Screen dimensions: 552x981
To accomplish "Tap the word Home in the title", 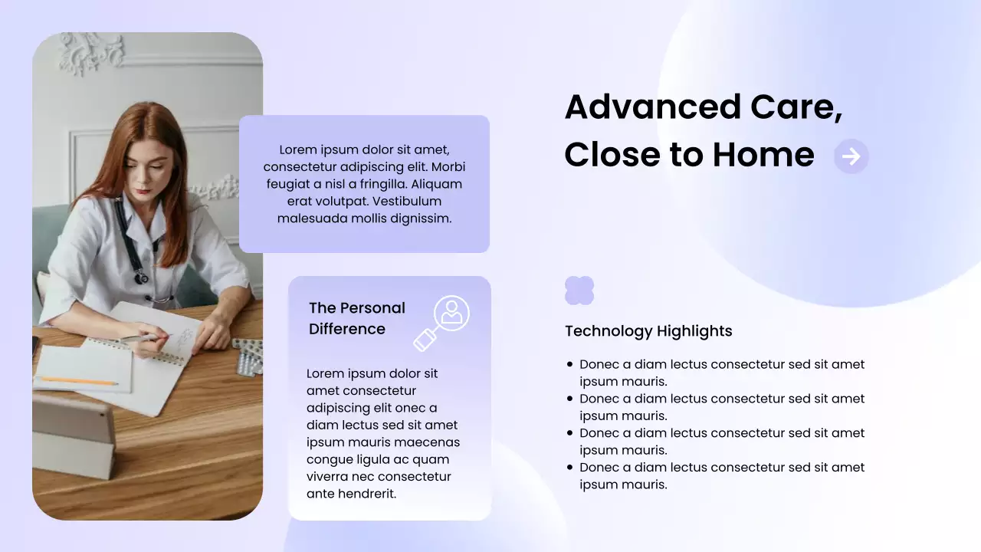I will point(763,155).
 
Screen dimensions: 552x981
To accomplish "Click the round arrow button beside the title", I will point(851,156).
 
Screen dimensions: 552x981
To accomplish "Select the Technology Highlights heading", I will point(648,331).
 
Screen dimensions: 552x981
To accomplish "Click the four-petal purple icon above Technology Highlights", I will point(579,291).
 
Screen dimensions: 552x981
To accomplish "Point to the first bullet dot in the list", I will point(569,365).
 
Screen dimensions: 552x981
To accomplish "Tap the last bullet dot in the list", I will point(569,468).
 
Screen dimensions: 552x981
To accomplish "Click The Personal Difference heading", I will point(357,318).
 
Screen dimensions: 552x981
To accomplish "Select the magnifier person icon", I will point(443,322).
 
